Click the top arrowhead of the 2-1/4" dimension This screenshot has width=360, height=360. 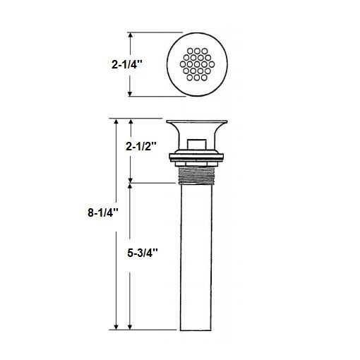(131, 35)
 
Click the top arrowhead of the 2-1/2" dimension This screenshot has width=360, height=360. (129, 122)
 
